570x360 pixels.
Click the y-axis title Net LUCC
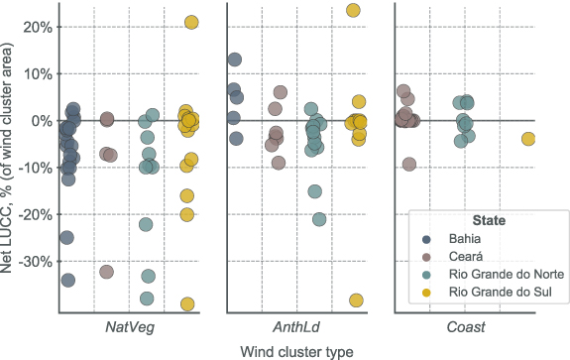click(11, 159)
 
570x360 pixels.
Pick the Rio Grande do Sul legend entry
click(497, 293)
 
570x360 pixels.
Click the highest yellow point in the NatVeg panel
click(191, 22)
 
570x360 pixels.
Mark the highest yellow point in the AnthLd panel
click(353, 11)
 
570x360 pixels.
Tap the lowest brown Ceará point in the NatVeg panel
click(107, 272)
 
